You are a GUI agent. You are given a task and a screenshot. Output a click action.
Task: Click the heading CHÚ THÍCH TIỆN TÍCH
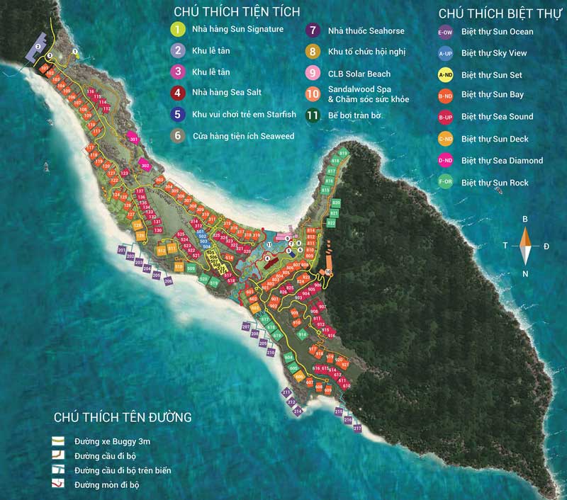pos(237,11)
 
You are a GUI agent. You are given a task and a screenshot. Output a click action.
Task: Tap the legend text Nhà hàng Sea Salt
pos(224,92)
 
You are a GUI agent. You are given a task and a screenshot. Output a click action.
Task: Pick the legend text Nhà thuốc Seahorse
pos(366,30)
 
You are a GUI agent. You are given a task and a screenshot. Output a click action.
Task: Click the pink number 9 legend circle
pos(311,74)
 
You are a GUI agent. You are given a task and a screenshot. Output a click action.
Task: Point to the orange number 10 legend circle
pos(312,94)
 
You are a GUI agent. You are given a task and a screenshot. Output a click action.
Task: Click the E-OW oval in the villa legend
pos(446,32)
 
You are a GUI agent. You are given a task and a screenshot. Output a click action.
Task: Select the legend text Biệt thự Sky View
pos(497,53)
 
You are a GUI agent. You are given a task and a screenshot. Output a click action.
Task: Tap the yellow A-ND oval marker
pos(446,74)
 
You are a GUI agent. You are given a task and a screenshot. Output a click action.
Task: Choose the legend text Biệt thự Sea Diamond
pos(502,161)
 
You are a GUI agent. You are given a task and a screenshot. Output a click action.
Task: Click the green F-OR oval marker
pos(446,183)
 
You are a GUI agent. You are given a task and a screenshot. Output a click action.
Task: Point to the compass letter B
pos(525,220)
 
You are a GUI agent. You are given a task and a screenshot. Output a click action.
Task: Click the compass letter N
pos(525,273)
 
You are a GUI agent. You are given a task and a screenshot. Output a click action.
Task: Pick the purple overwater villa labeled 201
pos(122,251)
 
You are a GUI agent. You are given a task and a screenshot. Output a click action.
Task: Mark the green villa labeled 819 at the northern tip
pos(344,152)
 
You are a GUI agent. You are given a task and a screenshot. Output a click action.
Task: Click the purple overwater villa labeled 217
pos(357,428)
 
